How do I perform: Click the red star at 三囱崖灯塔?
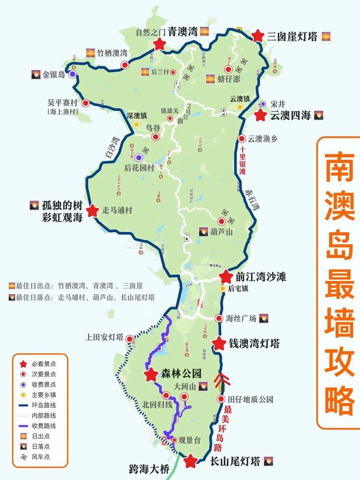(258, 36)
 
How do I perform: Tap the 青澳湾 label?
(182, 31)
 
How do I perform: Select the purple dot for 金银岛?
(72, 74)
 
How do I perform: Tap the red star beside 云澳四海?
(260, 115)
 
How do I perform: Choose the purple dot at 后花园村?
(139, 157)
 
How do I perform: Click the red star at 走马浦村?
(93, 211)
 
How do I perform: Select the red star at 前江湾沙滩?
(225, 277)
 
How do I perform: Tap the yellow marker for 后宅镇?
(222, 288)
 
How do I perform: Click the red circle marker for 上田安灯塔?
(130, 338)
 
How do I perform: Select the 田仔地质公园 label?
(251, 399)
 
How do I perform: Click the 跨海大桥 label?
(148, 470)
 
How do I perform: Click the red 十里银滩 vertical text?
(242, 161)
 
